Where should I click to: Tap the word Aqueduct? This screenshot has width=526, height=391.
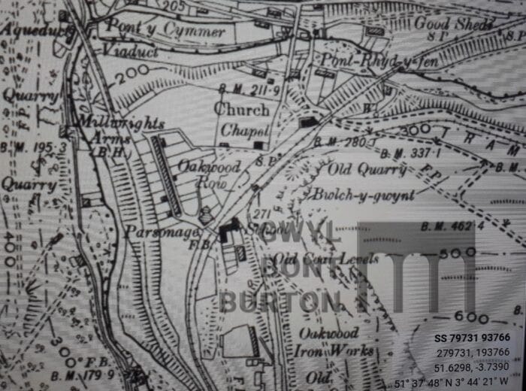[33, 31]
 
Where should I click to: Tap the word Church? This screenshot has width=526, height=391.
[241, 110]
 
